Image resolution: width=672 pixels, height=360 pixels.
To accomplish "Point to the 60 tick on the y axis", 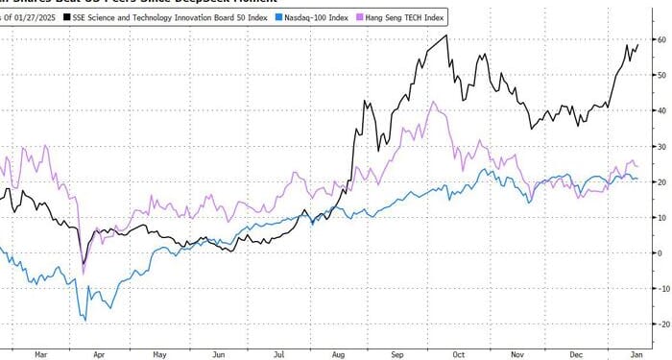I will tap(660, 39).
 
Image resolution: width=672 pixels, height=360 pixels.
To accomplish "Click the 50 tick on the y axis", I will tap(660, 75).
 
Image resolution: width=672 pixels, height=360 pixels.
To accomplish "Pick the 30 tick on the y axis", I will tap(660, 146).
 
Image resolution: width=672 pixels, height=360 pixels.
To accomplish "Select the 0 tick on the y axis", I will tap(660, 252).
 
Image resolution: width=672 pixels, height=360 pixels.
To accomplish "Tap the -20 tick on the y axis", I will tap(660, 324).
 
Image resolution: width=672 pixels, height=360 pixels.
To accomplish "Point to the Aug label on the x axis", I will tap(338, 352).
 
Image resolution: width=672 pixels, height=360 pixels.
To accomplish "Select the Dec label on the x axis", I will tap(576, 352).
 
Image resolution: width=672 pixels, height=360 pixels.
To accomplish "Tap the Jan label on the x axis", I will tap(636, 352).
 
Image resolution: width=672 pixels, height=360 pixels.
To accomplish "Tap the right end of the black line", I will tap(638, 43).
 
